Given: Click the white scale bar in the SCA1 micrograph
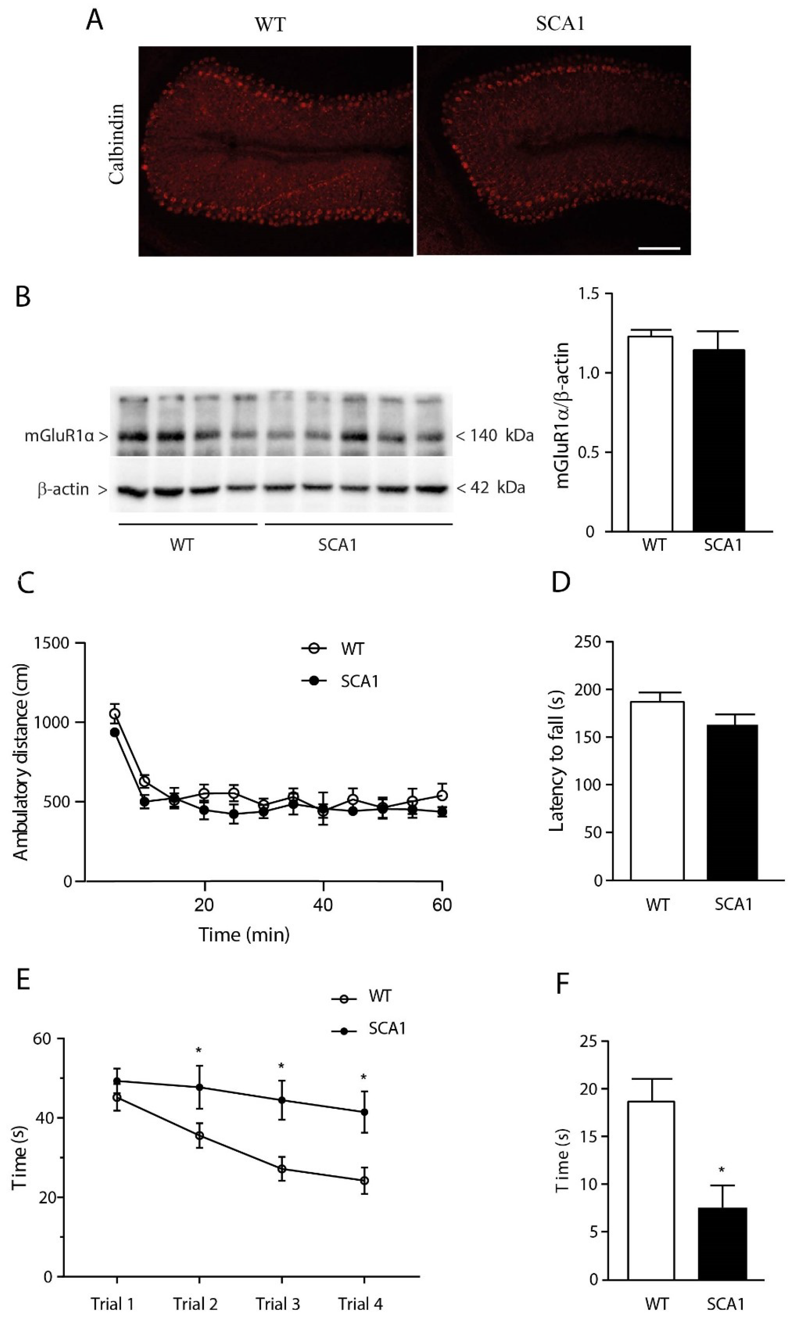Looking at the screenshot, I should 659,248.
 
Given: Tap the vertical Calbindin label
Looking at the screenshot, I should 116,144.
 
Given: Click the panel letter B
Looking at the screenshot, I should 23,297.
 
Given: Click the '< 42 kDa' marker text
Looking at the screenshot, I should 490,488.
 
